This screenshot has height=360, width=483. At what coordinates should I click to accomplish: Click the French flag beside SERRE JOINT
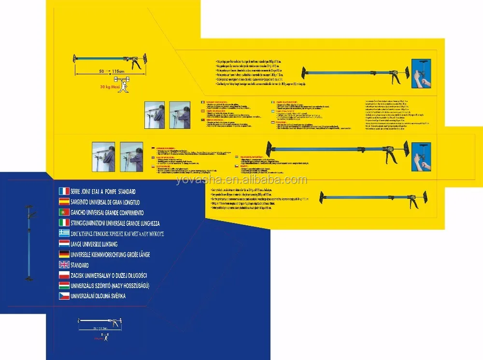tap(64, 191)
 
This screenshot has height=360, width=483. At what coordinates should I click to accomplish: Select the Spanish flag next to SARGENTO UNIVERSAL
tap(64, 202)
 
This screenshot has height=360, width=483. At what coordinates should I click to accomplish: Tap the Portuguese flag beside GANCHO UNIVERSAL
tap(64, 212)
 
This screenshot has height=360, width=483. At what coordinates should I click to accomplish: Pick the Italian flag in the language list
tap(64, 222)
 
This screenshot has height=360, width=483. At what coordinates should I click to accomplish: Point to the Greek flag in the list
tap(64, 233)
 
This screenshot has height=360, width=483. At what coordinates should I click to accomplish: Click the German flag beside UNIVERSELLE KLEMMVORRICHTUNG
tap(64, 254)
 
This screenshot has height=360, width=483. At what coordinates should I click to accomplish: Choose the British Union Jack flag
tap(64, 265)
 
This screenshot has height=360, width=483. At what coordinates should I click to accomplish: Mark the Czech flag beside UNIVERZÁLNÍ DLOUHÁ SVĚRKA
tap(64, 296)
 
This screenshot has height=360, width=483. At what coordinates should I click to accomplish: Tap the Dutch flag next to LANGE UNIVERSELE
tap(64, 244)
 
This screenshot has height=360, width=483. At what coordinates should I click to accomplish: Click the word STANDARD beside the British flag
tap(80, 265)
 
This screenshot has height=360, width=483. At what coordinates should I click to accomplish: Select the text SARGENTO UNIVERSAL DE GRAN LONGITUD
tap(105, 202)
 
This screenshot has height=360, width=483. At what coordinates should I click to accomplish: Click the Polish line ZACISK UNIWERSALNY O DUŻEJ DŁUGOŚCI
tap(109, 276)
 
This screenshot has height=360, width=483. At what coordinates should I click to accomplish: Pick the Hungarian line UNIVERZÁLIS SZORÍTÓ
tap(110, 286)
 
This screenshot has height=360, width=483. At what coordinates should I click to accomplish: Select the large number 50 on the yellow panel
tap(102, 71)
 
